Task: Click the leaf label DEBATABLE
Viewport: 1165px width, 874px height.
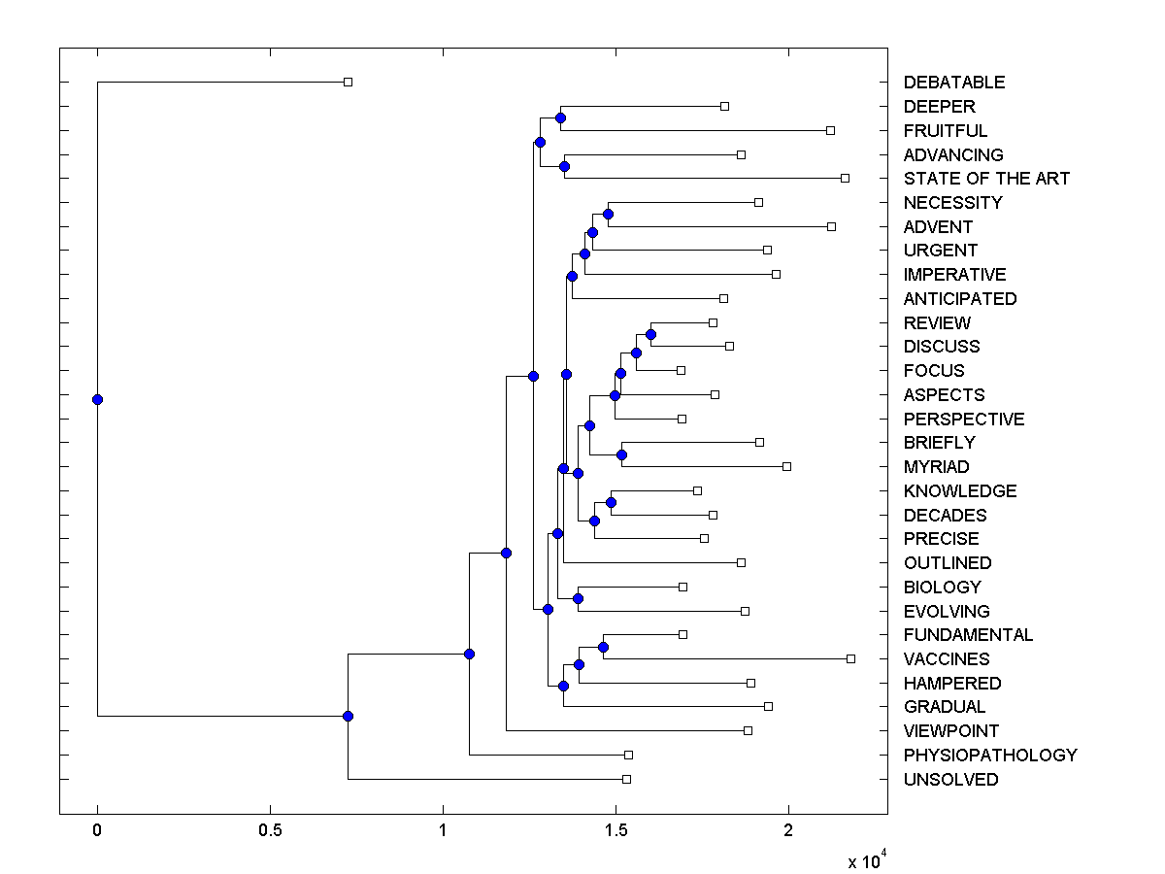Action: point(953,83)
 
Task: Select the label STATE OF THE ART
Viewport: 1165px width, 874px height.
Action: point(985,179)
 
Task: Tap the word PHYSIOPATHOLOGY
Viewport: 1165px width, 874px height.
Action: point(989,756)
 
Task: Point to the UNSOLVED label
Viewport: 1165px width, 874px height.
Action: point(949,780)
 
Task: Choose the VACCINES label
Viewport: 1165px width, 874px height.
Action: point(946,659)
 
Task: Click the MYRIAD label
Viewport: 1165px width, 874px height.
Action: point(936,467)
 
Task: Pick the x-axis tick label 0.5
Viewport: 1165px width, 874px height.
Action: point(270,831)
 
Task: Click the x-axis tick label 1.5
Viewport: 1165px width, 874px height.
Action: point(616,831)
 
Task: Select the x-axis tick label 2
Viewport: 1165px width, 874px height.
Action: point(788,831)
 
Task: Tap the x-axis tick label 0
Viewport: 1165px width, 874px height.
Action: point(97,831)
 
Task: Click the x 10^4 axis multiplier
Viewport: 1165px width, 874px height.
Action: point(866,860)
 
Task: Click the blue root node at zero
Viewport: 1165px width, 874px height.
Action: point(97,399)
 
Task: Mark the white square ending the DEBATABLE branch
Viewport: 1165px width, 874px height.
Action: point(349,83)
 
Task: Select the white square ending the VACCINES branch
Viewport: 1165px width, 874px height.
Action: point(850,658)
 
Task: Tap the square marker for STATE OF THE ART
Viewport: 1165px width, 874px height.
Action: point(845,179)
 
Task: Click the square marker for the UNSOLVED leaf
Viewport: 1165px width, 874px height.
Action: point(626,779)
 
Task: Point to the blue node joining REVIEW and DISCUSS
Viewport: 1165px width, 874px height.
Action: point(650,334)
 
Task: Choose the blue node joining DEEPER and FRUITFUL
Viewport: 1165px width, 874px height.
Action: point(560,118)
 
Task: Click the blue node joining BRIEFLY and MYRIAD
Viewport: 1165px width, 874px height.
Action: point(621,454)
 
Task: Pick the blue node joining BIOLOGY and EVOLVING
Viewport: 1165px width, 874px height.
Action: point(578,598)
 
